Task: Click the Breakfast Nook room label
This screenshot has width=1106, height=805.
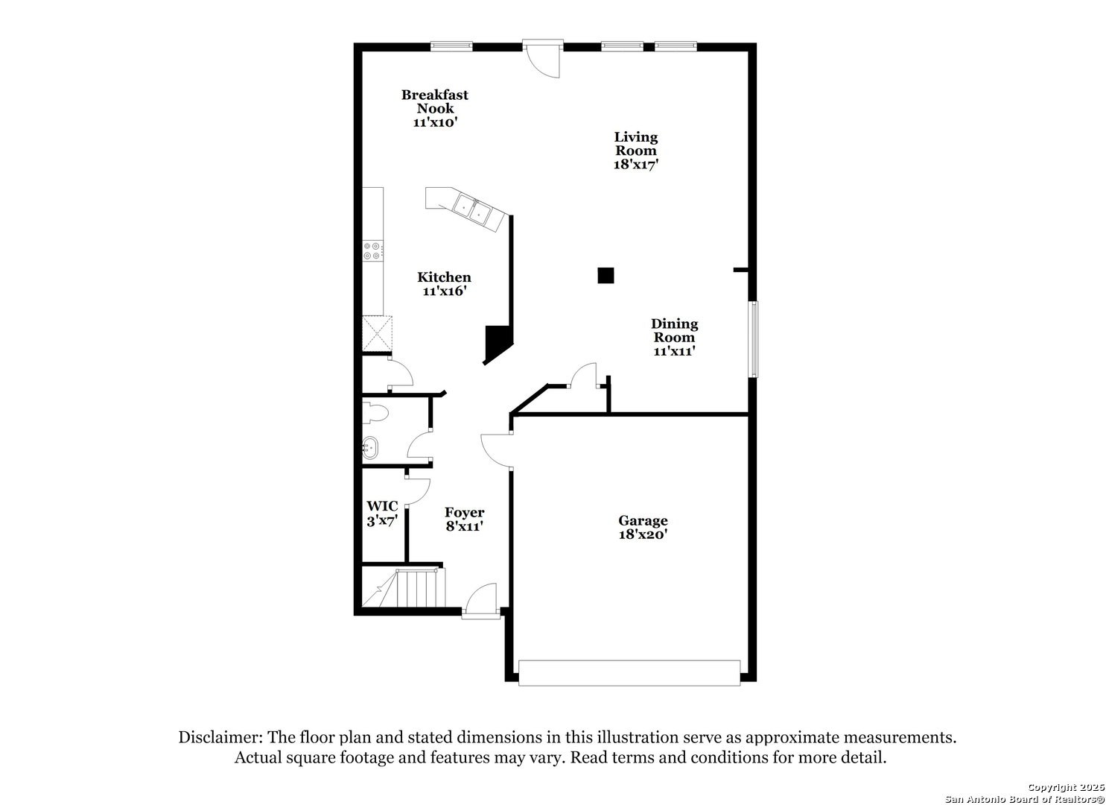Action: click(435, 101)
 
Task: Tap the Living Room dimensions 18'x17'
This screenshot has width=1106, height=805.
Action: click(635, 165)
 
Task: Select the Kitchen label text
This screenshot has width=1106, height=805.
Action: click(444, 277)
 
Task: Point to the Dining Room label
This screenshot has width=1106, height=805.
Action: click(674, 330)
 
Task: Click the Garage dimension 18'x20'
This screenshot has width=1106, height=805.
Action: click(643, 534)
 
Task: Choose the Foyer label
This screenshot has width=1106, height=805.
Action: click(464, 513)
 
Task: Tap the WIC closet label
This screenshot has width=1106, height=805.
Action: click(381, 506)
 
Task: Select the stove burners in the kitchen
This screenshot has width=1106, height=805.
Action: click(372, 251)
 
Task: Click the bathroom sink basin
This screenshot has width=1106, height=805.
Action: click(369, 449)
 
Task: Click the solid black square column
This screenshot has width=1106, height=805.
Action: click(606, 276)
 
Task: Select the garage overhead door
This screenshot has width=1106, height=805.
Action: click(629, 672)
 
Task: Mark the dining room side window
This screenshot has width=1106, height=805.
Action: click(754, 339)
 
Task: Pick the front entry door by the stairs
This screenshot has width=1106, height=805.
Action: click(481, 604)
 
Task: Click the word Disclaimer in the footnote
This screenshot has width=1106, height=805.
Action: click(220, 738)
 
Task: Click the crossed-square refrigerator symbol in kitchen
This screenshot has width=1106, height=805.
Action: click(377, 333)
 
